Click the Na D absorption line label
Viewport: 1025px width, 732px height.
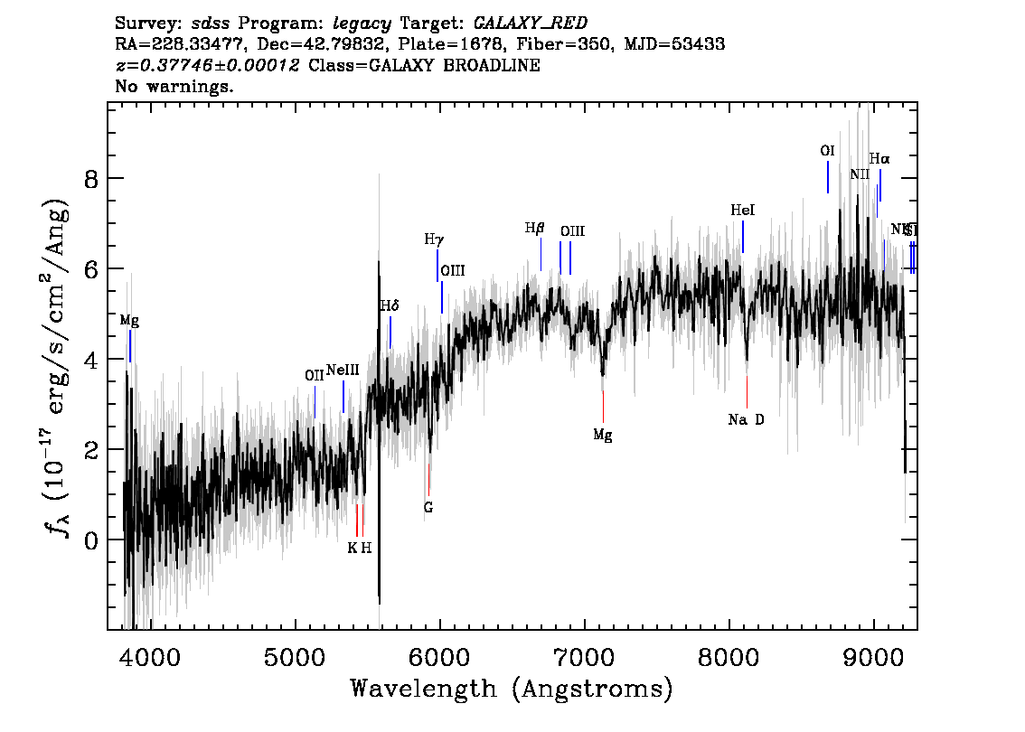click(x=747, y=419)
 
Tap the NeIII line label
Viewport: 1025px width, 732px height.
click(x=343, y=370)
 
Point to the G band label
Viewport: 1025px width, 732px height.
click(x=428, y=508)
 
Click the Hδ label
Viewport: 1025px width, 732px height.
click(x=390, y=306)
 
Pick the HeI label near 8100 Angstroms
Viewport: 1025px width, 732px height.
click(x=742, y=211)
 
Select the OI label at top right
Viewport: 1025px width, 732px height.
click(x=827, y=151)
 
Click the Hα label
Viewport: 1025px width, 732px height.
click(x=879, y=158)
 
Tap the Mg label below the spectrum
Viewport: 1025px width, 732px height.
click(x=603, y=436)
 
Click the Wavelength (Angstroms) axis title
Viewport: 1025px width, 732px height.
click(x=512, y=690)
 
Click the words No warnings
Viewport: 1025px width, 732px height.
click(x=174, y=87)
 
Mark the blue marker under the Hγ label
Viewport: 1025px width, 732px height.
click(x=437, y=266)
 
